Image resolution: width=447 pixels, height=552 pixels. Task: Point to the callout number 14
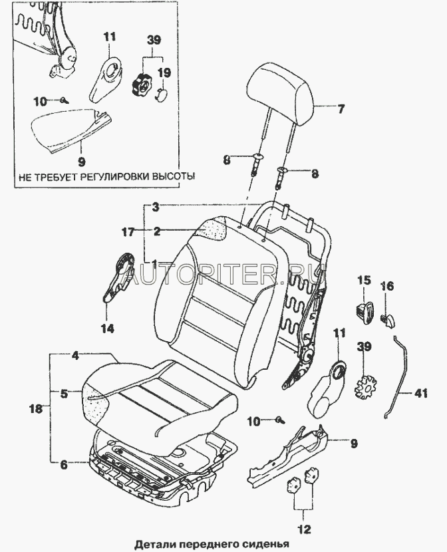click(x=107, y=328)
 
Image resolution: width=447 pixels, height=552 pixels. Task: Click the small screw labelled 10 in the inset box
click(x=63, y=100)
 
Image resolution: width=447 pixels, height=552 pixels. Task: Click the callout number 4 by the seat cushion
click(x=75, y=356)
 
